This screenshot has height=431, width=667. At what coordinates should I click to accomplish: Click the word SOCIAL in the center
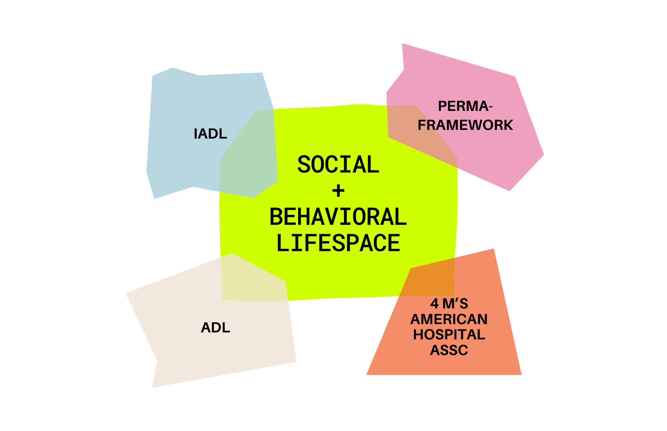click(338, 165)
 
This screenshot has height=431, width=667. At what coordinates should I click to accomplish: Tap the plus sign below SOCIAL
click(338, 191)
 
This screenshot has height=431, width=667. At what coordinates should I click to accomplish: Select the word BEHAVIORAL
click(338, 217)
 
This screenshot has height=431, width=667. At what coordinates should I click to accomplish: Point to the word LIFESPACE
click(338, 243)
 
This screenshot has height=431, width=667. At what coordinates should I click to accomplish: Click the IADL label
click(210, 134)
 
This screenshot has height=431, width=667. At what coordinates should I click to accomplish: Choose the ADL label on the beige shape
click(215, 328)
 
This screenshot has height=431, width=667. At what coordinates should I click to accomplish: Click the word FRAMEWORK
click(465, 125)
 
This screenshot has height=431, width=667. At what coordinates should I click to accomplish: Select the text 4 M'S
click(449, 304)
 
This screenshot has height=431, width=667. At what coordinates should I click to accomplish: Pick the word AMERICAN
click(449, 319)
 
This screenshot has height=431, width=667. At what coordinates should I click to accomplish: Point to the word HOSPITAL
click(449, 335)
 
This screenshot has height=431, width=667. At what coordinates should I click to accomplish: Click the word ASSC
click(449, 350)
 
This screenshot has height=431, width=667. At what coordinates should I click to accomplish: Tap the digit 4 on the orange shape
click(434, 304)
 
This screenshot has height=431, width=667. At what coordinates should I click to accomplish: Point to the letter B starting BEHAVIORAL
click(276, 217)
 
